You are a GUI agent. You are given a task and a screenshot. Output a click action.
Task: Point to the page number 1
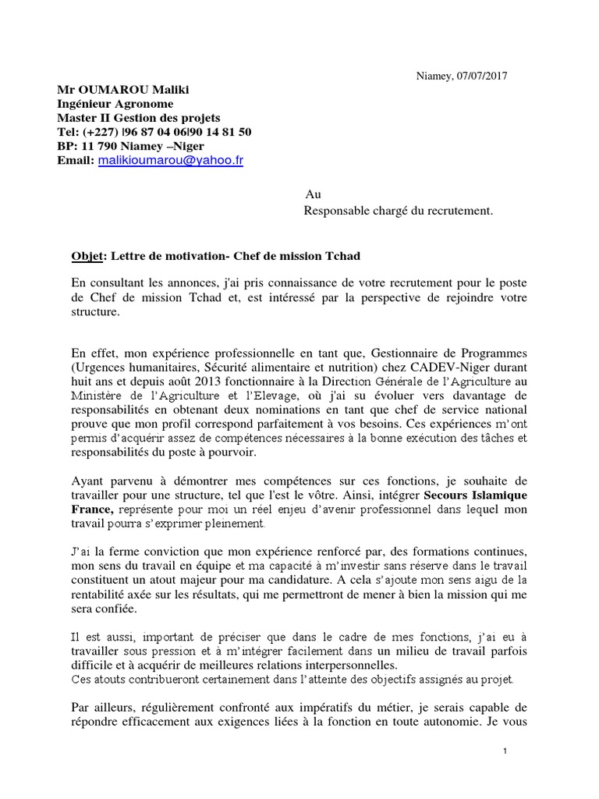(505, 751)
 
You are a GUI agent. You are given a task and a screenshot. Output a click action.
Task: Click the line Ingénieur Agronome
(115, 104)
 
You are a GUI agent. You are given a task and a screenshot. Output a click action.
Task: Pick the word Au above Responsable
(313, 194)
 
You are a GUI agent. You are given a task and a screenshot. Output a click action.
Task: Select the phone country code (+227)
(102, 132)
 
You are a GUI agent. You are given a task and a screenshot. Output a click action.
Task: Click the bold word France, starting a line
(92, 509)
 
